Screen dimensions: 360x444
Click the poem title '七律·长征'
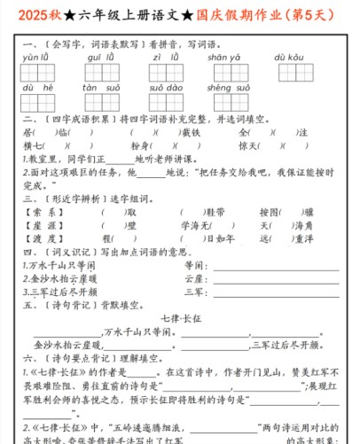click(181, 317)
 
